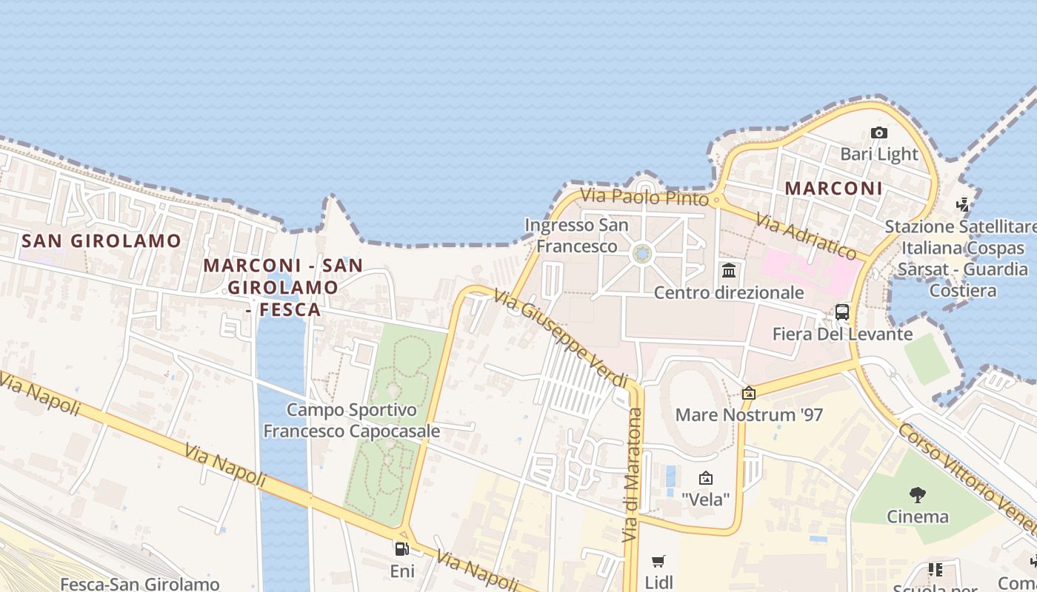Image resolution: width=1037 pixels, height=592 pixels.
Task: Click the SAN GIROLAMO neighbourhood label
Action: (x=101, y=240)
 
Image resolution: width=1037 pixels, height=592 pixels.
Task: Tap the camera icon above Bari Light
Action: (x=879, y=133)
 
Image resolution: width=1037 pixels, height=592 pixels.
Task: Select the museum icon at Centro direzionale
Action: (x=729, y=270)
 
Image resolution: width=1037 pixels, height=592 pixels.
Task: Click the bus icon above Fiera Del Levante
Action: (x=842, y=312)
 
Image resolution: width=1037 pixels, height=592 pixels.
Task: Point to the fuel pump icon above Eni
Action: (x=402, y=549)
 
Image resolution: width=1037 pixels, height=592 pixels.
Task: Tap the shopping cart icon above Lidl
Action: (x=658, y=562)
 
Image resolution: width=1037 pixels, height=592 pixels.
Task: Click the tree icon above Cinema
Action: (x=918, y=494)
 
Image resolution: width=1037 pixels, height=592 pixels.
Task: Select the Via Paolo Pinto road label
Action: (x=645, y=197)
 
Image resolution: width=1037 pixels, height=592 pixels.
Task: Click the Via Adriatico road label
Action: (x=806, y=236)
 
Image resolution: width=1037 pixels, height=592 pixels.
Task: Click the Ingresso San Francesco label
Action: (x=576, y=235)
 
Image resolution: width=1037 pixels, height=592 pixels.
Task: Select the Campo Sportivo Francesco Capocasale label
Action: (x=352, y=420)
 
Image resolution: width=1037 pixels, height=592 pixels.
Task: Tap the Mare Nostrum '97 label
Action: (x=749, y=414)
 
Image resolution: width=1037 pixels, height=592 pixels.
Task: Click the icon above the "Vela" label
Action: (x=705, y=478)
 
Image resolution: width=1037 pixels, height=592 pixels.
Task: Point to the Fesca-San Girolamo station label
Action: (x=140, y=585)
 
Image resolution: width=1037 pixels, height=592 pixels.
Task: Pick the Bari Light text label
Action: (x=879, y=154)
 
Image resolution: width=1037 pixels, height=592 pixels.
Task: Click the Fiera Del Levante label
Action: (x=842, y=334)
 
